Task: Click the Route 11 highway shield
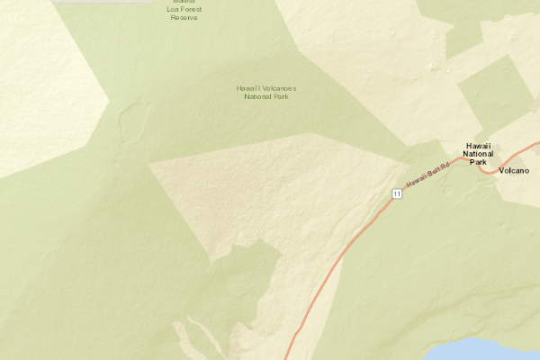tap(396, 193)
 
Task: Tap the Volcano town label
tap(513, 170)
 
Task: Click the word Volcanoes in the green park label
tap(277, 88)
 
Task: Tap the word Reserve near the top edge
tap(184, 17)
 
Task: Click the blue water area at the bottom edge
tap(486, 350)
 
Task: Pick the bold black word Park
tap(478, 162)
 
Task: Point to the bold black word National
tap(478, 154)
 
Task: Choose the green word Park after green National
tap(281, 96)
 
